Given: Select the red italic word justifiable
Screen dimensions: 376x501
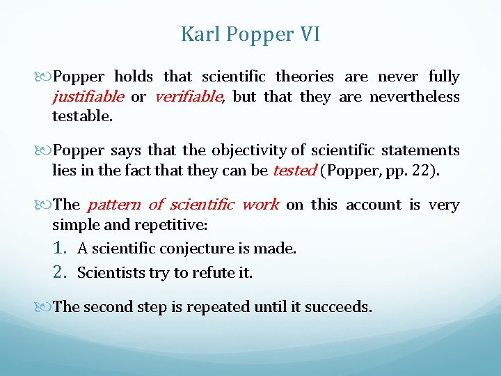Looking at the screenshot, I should pyautogui.click(x=88, y=97).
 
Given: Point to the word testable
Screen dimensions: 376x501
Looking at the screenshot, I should pyautogui.click(x=81, y=116).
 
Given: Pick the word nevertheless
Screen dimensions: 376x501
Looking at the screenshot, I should pyautogui.click(x=415, y=97).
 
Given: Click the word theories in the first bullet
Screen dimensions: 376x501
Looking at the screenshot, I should pyautogui.click(x=305, y=77).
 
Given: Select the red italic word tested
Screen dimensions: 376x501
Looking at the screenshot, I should pyautogui.click(x=294, y=170).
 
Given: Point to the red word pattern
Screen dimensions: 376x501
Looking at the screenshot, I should pyautogui.click(x=114, y=205).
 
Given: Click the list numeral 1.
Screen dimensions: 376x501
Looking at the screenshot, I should pyautogui.click(x=60, y=248).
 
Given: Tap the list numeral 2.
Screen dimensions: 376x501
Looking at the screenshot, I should pyautogui.click(x=60, y=272).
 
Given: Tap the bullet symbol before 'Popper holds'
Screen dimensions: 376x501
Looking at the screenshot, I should pyautogui.click(x=45, y=77).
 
